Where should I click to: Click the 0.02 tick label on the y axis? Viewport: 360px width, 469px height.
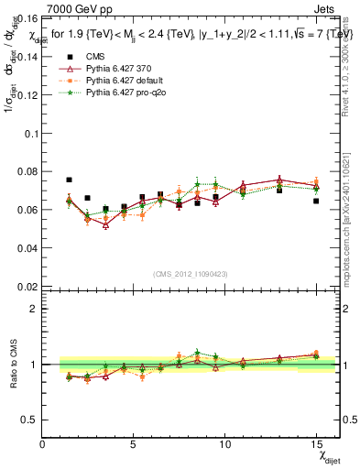click(28, 287)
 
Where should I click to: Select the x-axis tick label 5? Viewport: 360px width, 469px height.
click(134, 445)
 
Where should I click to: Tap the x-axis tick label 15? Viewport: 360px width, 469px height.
click(316, 445)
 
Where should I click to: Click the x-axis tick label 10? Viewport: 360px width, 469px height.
click(224, 445)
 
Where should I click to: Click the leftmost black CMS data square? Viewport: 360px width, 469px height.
click(69, 180)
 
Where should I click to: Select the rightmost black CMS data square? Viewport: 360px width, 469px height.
click(316, 201)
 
